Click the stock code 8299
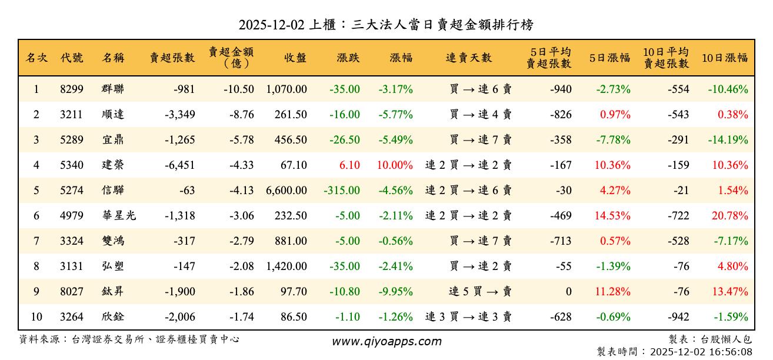(71, 89)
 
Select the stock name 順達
(112, 115)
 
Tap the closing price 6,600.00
(286, 191)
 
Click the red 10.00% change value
(394, 165)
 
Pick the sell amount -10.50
(239, 89)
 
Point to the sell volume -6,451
(179, 165)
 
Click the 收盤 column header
(295, 58)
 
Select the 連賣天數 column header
(468, 58)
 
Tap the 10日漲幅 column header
(725, 58)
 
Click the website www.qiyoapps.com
(386, 341)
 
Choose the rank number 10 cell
(36, 317)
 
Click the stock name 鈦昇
(112, 292)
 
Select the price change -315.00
(342, 191)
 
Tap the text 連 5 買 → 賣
(480, 292)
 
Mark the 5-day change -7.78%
(613, 140)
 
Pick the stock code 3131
(71, 266)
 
